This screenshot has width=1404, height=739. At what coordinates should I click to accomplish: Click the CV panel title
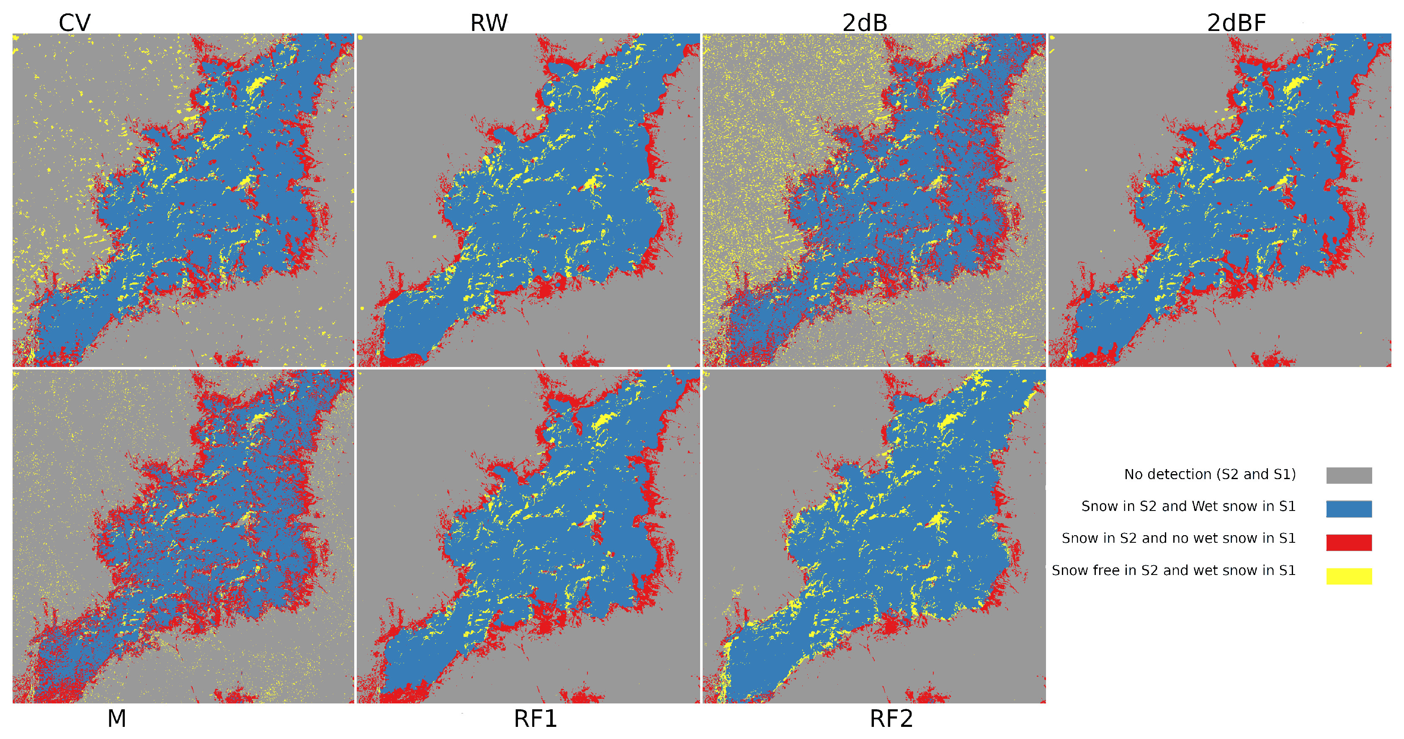coord(74,23)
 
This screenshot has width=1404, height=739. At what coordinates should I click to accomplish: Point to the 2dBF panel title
coord(1236,23)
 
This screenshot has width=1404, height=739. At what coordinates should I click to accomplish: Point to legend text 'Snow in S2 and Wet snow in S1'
coord(1188,506)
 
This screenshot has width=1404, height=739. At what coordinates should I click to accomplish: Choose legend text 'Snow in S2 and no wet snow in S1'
coord(1178,538)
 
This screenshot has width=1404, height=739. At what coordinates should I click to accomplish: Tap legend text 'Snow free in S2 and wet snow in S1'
coord(1173,570)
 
